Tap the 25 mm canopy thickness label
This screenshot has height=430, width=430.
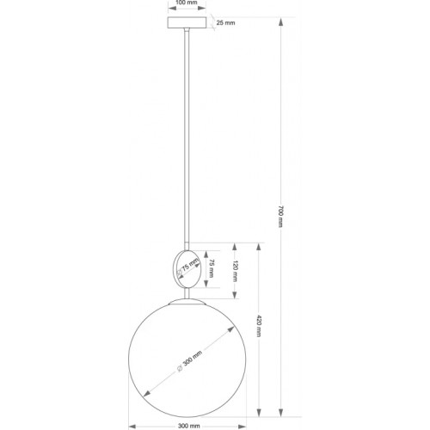(x=225, y=22)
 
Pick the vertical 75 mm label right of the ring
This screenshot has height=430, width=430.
(x=212, y=267)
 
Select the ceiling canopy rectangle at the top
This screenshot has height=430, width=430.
(x=187, y=21)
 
